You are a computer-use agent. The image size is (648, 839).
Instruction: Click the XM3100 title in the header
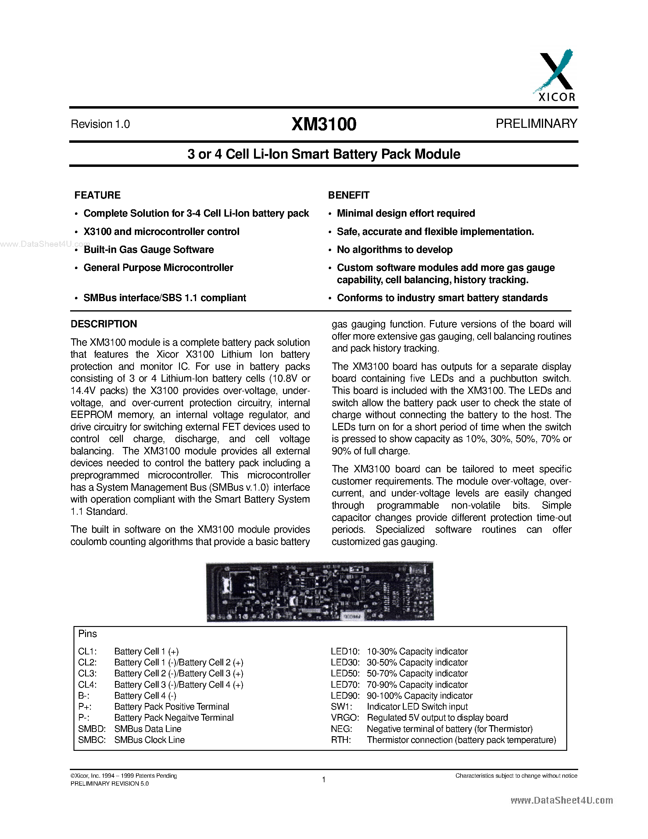click(324, 124)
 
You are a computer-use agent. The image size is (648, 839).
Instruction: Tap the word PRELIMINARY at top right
click(536, 123)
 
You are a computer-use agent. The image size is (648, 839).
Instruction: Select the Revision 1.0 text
click(100, 124)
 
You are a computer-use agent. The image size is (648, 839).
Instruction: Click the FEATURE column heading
click(98, 195)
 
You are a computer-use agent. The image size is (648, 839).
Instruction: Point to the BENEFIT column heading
click(349, 195)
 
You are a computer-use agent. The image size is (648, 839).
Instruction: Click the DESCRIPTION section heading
click(104, 324)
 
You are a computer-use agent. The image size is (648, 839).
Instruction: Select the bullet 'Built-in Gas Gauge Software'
click(149, 250)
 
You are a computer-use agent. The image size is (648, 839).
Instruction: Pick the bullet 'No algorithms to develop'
click(395, 250)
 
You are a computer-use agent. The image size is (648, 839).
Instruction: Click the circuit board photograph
click(320, 591)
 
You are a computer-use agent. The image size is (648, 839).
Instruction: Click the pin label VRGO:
click(345, 718)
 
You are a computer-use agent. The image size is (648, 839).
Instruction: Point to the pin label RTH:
click(341, 740)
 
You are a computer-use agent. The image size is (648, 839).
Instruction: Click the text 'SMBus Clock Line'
click(149, 740)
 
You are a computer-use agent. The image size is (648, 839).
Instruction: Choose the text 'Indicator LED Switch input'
click(417, 707)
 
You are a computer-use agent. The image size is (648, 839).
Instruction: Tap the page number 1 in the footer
click(324, 780)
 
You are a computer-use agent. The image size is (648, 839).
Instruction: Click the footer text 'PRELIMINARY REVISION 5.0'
click(109, 783)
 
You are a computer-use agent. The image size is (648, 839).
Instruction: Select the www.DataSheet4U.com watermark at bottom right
click(562, 800)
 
